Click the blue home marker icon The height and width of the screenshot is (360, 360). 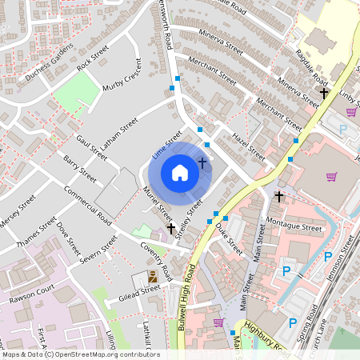[x=180, y=172]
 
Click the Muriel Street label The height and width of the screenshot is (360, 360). [x=157, y=204]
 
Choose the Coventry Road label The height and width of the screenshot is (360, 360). [x=156, y=262]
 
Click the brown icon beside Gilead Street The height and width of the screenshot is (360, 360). [x=152, y=277]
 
